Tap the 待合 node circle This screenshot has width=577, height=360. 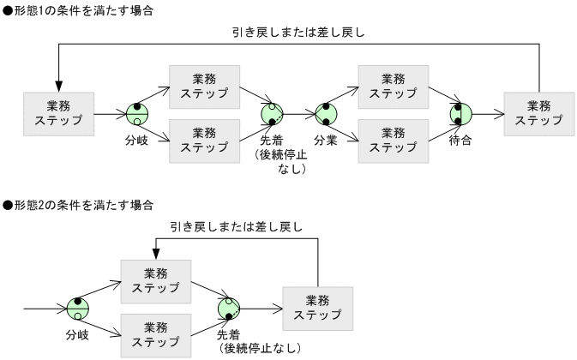tap(460, 112)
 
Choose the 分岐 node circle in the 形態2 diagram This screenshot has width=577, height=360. tap(78, 306)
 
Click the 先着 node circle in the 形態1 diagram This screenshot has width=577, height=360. tap(272, 112)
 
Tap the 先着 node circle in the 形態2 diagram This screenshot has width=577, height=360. tap(229, 306)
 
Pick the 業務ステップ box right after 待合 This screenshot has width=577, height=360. tap(539, 112)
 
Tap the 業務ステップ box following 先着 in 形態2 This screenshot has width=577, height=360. tap(317, 306)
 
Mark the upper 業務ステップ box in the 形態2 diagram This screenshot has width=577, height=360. tap(155, 279)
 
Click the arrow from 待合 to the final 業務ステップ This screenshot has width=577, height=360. tap(488, 112)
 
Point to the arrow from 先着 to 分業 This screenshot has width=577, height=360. tap(298, 112)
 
